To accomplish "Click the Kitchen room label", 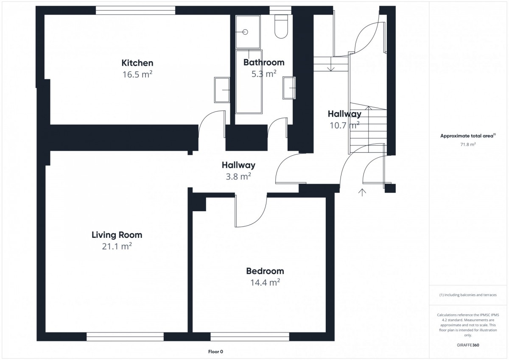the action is point(137,63).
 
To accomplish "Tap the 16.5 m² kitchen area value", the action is point(137,74).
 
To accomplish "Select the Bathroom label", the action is point(264,62).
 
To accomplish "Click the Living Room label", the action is point(117,235).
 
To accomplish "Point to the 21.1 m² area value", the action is point(117,246).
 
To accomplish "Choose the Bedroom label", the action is point(265,271).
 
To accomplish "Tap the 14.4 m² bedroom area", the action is point(265,282).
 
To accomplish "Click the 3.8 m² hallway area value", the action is point(238,176).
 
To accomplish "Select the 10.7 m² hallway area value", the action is point(344,125).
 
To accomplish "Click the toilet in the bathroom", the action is point(281,26).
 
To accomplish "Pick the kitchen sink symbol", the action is point(222,90).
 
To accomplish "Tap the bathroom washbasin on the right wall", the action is point(289,88).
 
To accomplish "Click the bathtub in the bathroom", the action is point(249,82).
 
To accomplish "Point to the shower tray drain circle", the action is point(245,32).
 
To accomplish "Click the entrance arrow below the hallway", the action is point(362,192).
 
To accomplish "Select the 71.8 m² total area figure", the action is point(468,144).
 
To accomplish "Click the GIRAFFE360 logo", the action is point(468,345).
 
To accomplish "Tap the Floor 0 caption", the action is point(215,352).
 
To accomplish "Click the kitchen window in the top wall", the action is point(135,10).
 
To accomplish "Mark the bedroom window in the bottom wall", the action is point(250,337).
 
